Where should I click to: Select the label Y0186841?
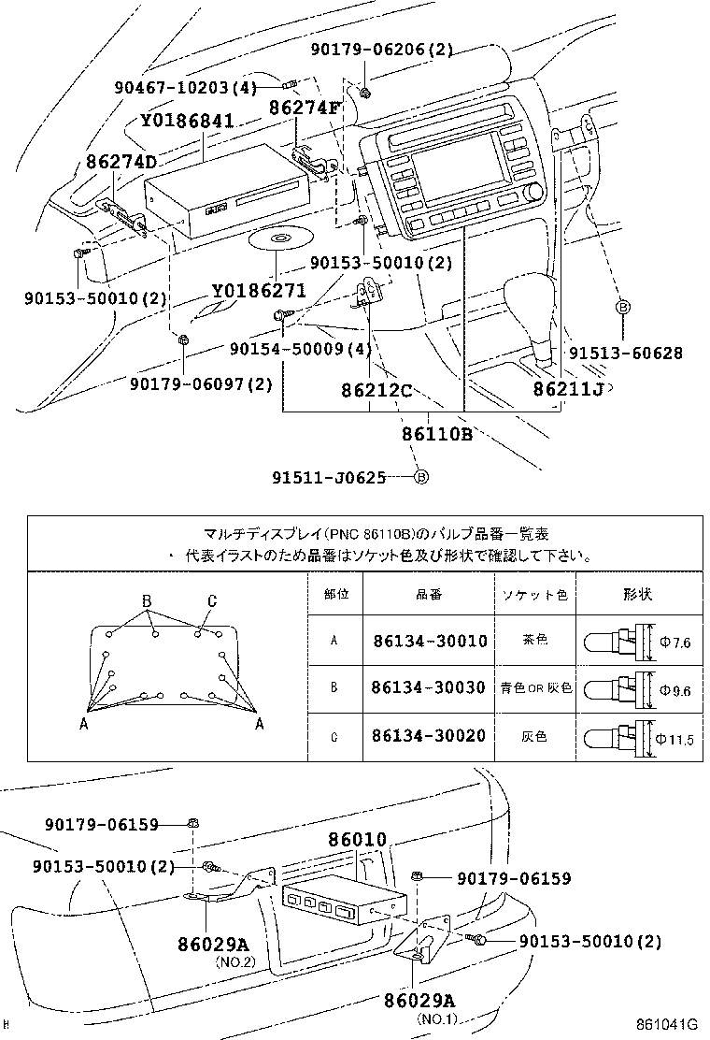click(188, 122)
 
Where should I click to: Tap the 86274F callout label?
click(305, 108)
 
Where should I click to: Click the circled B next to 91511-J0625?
click(420, 477)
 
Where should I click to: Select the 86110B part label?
click(436, 434)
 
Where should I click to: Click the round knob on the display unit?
click(533, 193)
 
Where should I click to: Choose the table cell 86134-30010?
click(429, 642)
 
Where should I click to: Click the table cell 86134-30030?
click(429, 688)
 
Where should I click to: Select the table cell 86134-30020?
click(429, 736)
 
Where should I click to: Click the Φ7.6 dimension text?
click(674, 643)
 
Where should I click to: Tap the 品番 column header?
click(429, 595)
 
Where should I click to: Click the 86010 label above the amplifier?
click(357, 842)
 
